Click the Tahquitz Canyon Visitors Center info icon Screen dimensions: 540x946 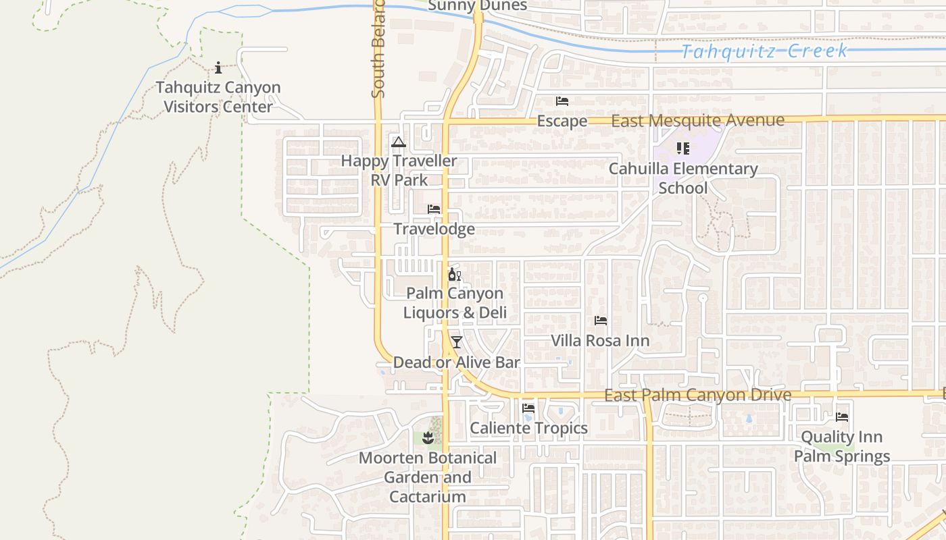(x=218, y=67)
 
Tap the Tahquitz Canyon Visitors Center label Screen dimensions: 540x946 (x=218, y=97)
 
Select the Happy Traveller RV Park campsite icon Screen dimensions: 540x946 (x=399, y=142)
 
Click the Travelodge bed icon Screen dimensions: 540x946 (x=434, y=209)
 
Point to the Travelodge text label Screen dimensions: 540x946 (x=434, y=229)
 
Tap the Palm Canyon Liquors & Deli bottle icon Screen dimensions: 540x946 (x=454, y=274)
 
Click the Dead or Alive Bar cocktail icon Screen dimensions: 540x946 (x=457, y=342)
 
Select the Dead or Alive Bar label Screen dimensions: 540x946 (x=457, y=362)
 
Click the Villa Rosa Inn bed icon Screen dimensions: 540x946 (x=600, y=321)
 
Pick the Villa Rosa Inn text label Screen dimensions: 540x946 (x=600, y=341)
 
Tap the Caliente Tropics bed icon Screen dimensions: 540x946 (x=528, y=408)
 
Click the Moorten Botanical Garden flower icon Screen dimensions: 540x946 (x=427, y=439)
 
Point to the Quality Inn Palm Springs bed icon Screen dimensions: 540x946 (x=842, y=417)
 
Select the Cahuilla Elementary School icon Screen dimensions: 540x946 (x=682, y=148)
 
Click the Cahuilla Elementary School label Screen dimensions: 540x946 (x=683, y=178)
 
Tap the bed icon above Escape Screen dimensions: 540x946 (x=562, y=101)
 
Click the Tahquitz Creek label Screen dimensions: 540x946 (x=764, y=51)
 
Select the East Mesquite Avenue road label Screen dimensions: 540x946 (x=697, y=121)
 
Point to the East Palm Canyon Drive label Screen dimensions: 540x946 (x=697, y=395)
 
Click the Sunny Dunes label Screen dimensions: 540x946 (x=477, y=6)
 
